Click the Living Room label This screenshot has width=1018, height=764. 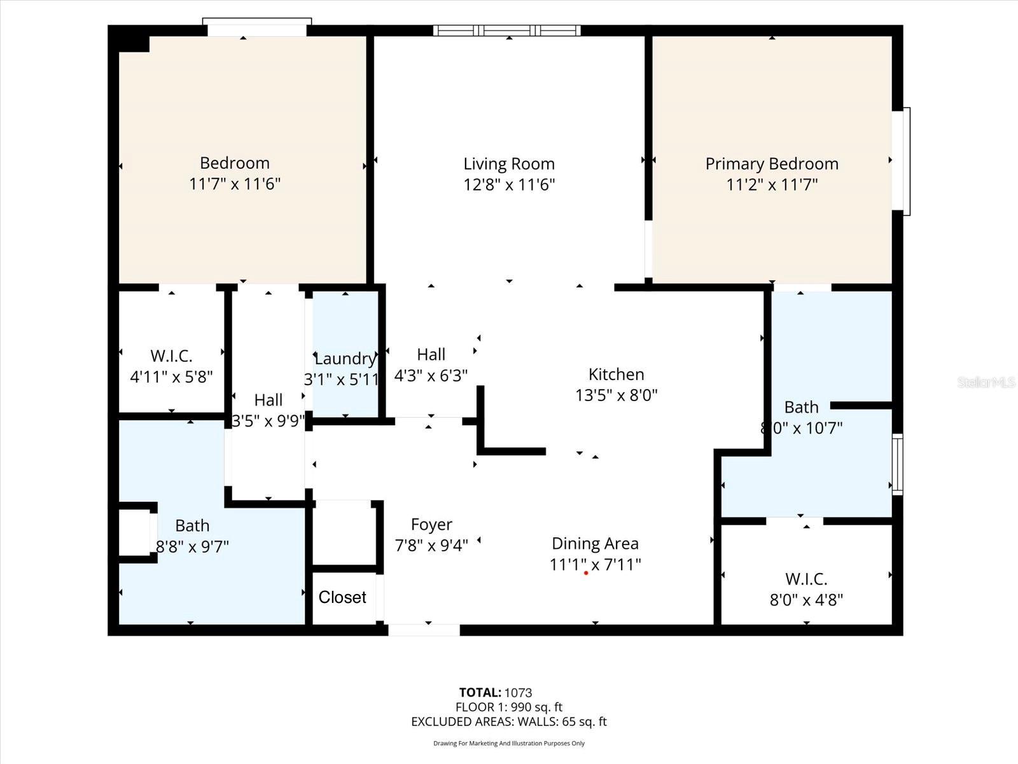click(x=509, y=164)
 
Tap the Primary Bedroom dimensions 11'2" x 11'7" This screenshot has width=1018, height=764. click(x=772, y=185)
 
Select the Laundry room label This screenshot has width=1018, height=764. click(x=345, y=358)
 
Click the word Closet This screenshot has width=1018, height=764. click(x=342, y=597)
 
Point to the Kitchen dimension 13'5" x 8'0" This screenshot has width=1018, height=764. click(x=616, y=395)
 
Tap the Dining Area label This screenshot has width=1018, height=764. click(x=595, y=544)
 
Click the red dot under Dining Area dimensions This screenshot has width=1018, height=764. click(x=585, y=573)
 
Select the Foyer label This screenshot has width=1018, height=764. click(x=431, y=525)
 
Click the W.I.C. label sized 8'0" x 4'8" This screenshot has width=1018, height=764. click(x=806, y=579)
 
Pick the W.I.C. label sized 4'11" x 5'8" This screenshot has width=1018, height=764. click(x=171, y=356)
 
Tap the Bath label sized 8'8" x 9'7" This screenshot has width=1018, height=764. click(x=192, y=526)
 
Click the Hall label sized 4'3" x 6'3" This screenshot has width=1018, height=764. click(x=431, y=355)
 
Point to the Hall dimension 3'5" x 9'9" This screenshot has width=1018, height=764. click(x=268, y=421)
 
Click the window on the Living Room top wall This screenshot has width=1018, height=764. click(x=507, y=30)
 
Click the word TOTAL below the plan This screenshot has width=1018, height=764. click(x=480, y=693)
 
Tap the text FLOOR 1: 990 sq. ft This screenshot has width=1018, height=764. click(x=509, y=707)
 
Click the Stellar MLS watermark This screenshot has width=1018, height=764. click(x=986, y=382)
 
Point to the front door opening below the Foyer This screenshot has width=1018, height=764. click(x=424, y=630)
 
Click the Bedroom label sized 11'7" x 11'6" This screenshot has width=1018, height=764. click(x=235, y=163)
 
